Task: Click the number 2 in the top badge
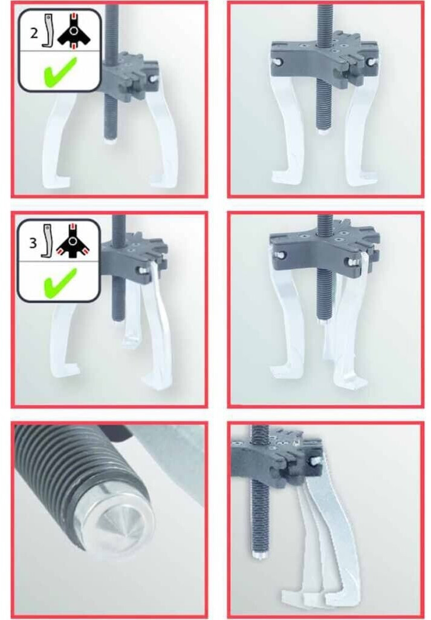[x=34, y=33]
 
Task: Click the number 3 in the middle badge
[x=33, y=242]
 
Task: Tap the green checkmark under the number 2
[x=60, y=72]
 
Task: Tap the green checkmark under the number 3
[x=60, y=283]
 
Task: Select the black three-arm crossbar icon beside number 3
[x=73, y=241]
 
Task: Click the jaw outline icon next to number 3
[x=47, y=241]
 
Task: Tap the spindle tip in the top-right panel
[x=322, y=131]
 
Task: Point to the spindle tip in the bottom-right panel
[x=259, y=556]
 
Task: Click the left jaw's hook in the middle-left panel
[x=66, y=371]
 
